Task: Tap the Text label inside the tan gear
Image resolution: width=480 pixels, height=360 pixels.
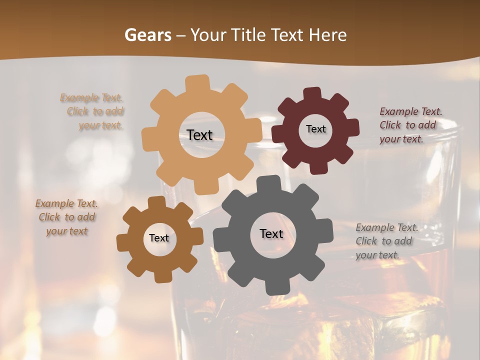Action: [x=199, y=135]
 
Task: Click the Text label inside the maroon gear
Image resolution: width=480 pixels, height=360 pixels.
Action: [x=315, y=129]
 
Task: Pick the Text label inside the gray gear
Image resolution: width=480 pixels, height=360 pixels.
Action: [x=271, y=233]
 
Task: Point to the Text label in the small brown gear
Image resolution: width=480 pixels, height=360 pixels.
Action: [x=159, y=238]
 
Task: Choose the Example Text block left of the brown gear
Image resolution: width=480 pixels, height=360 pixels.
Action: [x=67, y=217]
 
